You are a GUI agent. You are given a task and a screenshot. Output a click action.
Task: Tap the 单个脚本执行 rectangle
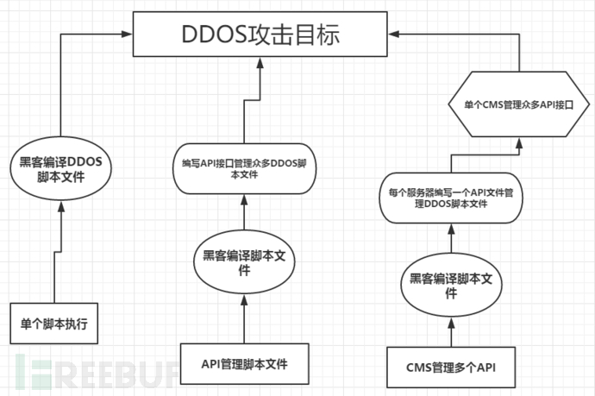(x=54, y=324)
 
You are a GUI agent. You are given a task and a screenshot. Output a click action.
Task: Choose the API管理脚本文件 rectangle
(x=245, y=363)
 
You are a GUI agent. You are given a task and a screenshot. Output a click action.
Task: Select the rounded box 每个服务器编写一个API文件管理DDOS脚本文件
(x=450, y=198)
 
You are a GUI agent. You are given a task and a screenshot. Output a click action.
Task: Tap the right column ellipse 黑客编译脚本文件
(x=450, y=286)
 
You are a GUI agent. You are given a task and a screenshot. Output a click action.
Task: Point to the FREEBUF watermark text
(x=95, y=371)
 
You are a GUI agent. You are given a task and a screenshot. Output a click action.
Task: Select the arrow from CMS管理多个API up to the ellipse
(x=450, y=330)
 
